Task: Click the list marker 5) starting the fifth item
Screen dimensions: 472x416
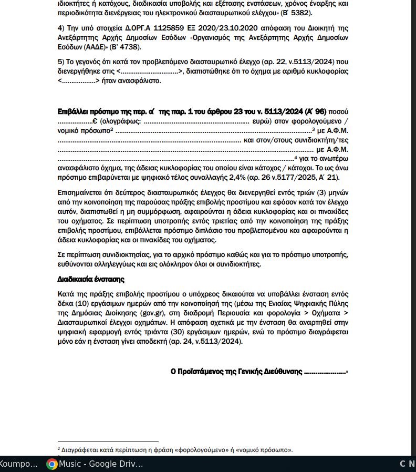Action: (x=60, y=61)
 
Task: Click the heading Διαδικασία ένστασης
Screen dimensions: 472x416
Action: (x=91, y=279)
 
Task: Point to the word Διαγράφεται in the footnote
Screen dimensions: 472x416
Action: (x=79, y=450)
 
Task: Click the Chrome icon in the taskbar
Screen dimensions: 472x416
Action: (x=51, y=464)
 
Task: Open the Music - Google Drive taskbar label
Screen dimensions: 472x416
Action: (x=101, y=464)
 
